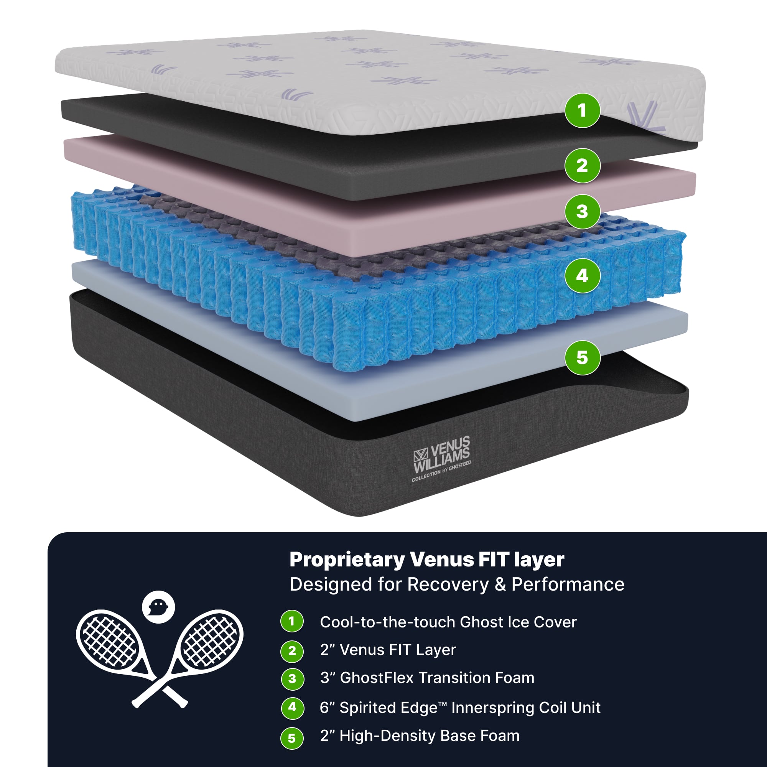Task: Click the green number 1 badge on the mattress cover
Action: point(582,110)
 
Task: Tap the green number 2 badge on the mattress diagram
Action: point(582,166)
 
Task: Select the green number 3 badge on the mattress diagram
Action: point(582,212)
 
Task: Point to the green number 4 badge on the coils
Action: point(582,275)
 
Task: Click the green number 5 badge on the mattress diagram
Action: point(582,357)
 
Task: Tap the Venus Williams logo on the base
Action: point(441,459)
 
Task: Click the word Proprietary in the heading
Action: point(347,560)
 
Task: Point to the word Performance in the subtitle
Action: point(568,584)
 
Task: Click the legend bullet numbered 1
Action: point(292,621)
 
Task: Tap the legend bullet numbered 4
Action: point(292,707)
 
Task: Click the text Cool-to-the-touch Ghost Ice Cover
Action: point(448,622)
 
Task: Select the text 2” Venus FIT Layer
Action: point(388,650)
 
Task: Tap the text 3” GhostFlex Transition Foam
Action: point(427,678)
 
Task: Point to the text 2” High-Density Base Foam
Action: point(420,736)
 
